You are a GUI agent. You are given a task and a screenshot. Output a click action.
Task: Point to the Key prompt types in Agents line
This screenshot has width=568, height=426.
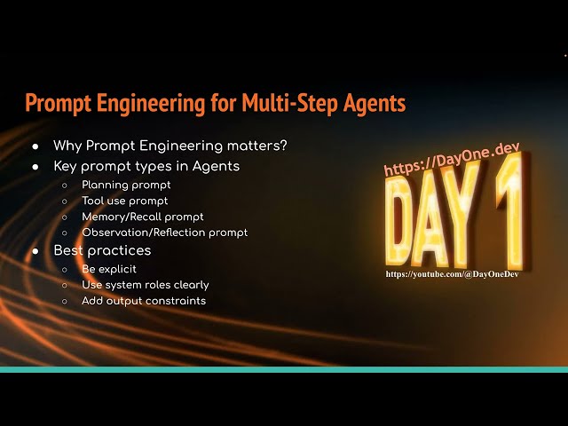[x=146, y=166]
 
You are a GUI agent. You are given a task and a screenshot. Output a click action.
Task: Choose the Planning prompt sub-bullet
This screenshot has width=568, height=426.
[x=126, y=185]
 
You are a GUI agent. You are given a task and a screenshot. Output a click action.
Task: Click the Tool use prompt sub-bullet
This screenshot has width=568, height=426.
[x=124, y=201]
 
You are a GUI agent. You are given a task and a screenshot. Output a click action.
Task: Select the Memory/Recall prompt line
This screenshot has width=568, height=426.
[x=142, y=217]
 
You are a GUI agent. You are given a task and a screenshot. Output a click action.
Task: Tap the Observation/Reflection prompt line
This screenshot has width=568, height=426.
[x=164, y=233]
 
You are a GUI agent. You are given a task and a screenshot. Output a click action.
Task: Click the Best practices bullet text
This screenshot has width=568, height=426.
[x=102, y=251]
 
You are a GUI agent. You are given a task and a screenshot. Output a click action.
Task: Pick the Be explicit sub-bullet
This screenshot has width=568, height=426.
[x=109, y=269]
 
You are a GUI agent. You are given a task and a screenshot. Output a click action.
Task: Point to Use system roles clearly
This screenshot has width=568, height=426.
[x=145, y=285]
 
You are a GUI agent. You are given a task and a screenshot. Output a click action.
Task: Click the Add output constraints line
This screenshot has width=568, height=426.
[x=143, y=301]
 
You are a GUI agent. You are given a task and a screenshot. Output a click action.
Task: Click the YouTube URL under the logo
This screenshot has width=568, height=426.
[x=452, y=275]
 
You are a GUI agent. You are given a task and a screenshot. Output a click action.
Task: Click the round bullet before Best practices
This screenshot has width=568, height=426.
[x=35, y=251]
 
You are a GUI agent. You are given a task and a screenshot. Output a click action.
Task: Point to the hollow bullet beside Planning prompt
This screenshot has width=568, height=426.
[x=65, y=185]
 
